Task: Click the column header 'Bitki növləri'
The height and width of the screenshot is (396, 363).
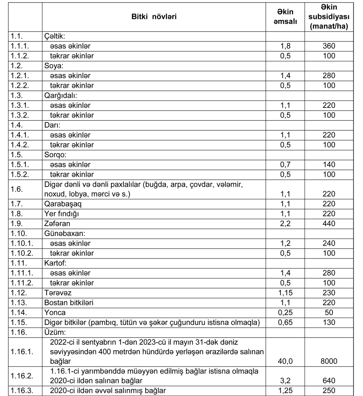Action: [154, 17]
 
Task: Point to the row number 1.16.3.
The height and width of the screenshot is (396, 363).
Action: [21, 391]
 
